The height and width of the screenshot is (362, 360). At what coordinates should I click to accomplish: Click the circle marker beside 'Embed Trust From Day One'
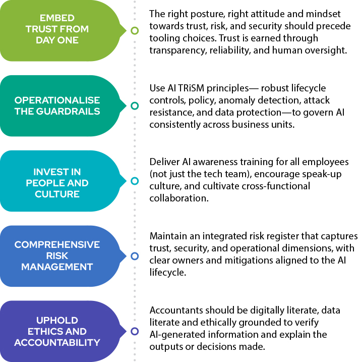(134, 30)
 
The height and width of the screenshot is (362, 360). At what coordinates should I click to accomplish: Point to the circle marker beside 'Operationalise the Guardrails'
(134, 106)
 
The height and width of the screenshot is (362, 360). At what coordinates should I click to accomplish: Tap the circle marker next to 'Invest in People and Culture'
(134, 181)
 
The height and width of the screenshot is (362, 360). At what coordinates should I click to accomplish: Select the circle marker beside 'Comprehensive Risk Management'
(134, 256)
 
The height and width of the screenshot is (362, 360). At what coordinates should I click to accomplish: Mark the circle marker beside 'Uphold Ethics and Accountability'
(134, 331)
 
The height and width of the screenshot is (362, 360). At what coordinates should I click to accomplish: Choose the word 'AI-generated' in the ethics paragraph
(174, 335)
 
